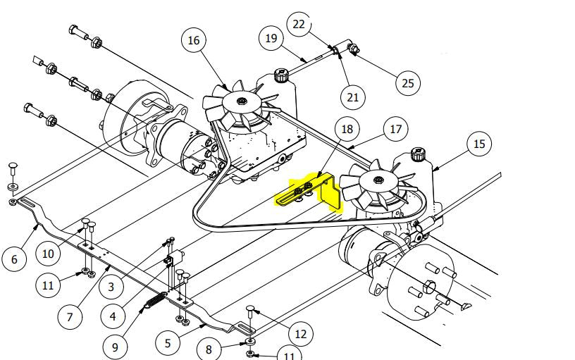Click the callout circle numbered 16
pyautogui.click(x=194, y=40)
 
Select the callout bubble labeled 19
pyautogui.click(x=272, y=38)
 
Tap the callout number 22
pyautogui.click(x=299, y=24)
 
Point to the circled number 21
pyautogui.click(x=352, y=97)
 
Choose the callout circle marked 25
pyautogui.click(x=407, y=83)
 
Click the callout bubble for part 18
pyautogui.click(x=347, y=129)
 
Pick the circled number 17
pyautogui.click(x=395, y=130)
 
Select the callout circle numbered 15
pyautogui.click(x=479, y=144)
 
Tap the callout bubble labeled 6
pyautogui.click(x=14, y=259)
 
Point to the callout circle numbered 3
pyautogui.click(x=111, y=286)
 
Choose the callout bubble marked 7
pyautogui.click(x=69, y=317)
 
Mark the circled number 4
pyautogui.click(x=113, y=316)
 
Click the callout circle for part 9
pyautogui.click(x=115, y=347)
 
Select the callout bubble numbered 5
pyautogui.click(x=168, y=343)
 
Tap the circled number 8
pyautogui.click(x=209, y=349)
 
